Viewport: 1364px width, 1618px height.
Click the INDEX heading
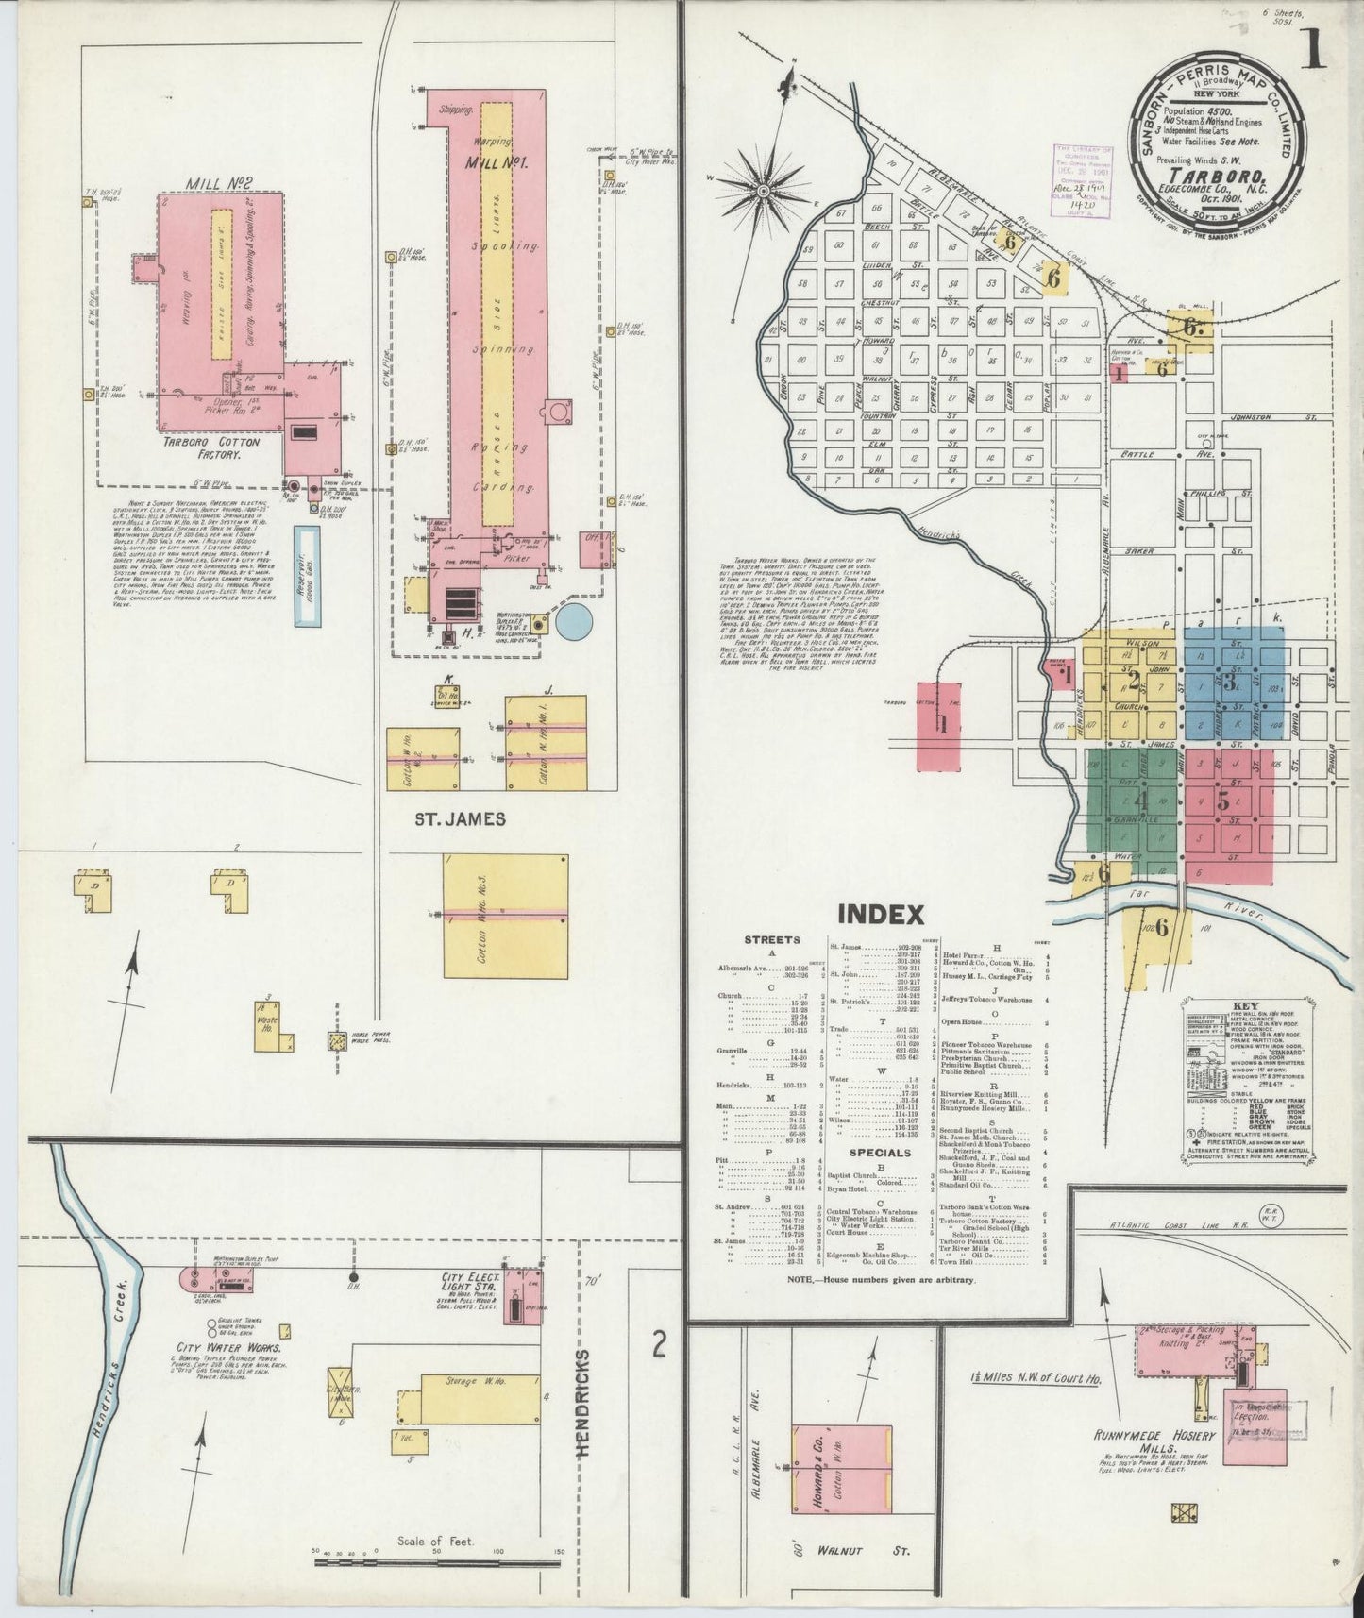pyautogui.click(x=880, y=914)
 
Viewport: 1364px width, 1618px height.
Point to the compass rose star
pyautogui.click(x=763, y=191)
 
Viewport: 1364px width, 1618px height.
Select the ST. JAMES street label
pyautogui.click(x=460, y=818)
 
